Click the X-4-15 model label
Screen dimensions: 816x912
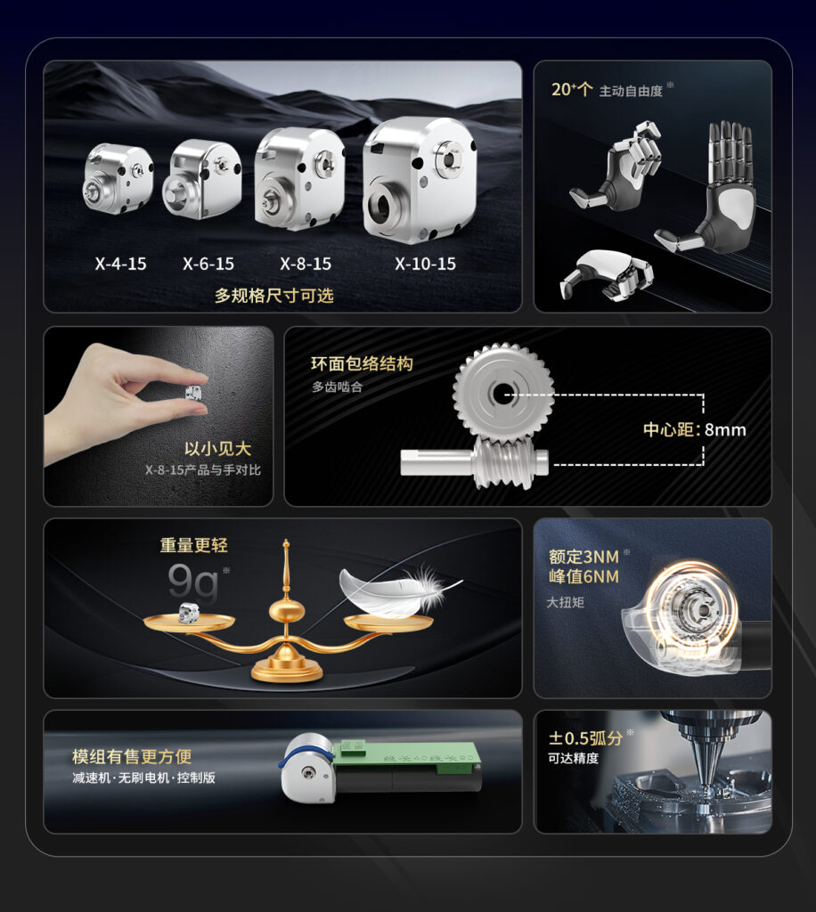click(120, 264)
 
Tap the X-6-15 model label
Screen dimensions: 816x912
click(208, 264)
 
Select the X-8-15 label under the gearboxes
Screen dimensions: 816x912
click(306, 264)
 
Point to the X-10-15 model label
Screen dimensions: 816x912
click(425, 264)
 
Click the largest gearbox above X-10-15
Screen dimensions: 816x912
click(419, 179)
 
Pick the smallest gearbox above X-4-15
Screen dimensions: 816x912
click(118, 179)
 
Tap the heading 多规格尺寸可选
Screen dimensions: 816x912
click(274, 296)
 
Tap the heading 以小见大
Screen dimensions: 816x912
click(217, 449)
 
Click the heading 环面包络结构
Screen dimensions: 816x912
click(362, 363)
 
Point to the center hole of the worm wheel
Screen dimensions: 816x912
click(500, 395)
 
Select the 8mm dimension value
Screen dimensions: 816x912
click(725, 430)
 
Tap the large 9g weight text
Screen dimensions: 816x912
click(193, 582)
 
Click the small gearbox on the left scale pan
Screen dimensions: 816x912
click(189, 613)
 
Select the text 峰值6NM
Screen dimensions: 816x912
click(583, 576)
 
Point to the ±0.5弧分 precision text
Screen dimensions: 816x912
click(585, 738)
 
